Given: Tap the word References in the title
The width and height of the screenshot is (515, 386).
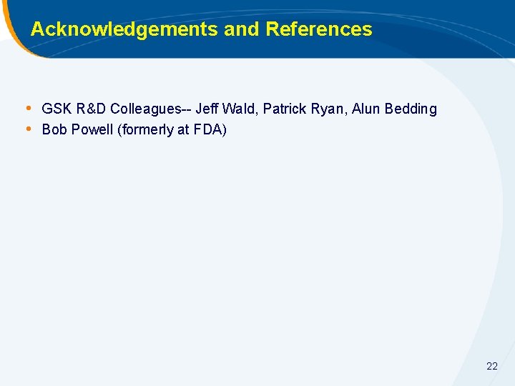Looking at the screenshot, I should pyautogui.click(x=319, y=29).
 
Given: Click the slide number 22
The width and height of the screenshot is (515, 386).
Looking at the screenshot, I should pyautogui.click(x=491, y=366).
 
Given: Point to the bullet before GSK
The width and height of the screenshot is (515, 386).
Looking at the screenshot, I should pyautogui.click(x=28, y=109).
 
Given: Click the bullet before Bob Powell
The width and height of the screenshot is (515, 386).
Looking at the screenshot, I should pyautogui.click(x=28, y=129).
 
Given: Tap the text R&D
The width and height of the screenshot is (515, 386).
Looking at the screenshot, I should pyautogui.click(x=91, y=109).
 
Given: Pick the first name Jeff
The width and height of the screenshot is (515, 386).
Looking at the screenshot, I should pyautogui.click(x=207, y=109).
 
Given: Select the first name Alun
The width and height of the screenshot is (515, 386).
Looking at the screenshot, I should pyautogui.click(x=366, y=109).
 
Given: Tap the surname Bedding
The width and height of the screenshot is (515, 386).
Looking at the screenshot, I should pyautogui.click(x=411, y=109).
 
